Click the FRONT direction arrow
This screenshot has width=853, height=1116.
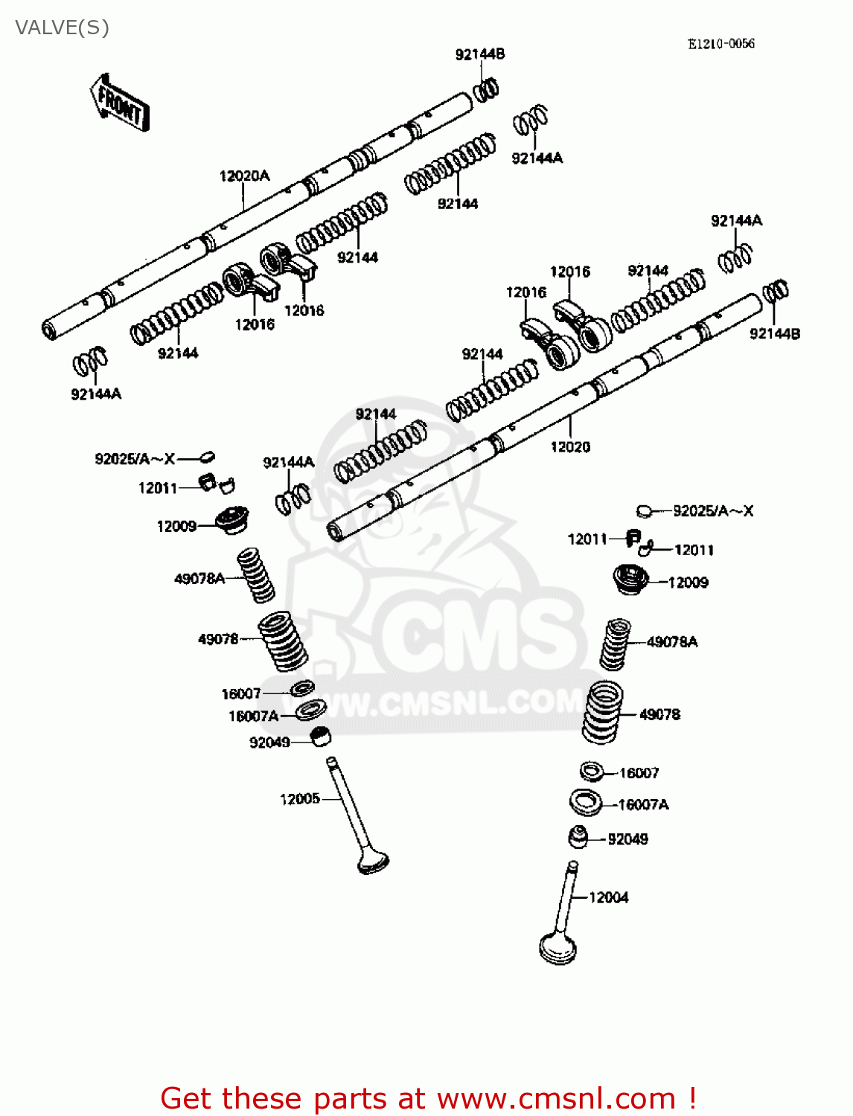tap(120, 103)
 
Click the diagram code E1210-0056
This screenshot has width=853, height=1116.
tap(721, 44)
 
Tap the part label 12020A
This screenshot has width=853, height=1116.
tap(244, 176)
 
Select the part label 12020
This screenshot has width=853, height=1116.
tap(570, 447)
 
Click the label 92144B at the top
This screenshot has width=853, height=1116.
tap(480, 54)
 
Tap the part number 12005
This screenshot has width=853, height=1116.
tap(299, 799)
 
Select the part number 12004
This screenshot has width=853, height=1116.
tap(608, 898)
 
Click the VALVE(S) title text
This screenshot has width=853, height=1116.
tap(63, 28)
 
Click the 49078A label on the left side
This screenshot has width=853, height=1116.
tap(199, 579)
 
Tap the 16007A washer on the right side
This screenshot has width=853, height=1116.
tap(585, 803)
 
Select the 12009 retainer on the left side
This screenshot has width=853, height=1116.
tap(231, 519)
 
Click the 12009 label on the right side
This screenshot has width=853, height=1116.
tap(688, 583)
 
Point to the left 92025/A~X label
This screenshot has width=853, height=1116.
tap(134, 459)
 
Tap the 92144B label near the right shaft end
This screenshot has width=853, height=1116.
tap(774, 334)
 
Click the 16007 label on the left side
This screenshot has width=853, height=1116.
tap(241, 694)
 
